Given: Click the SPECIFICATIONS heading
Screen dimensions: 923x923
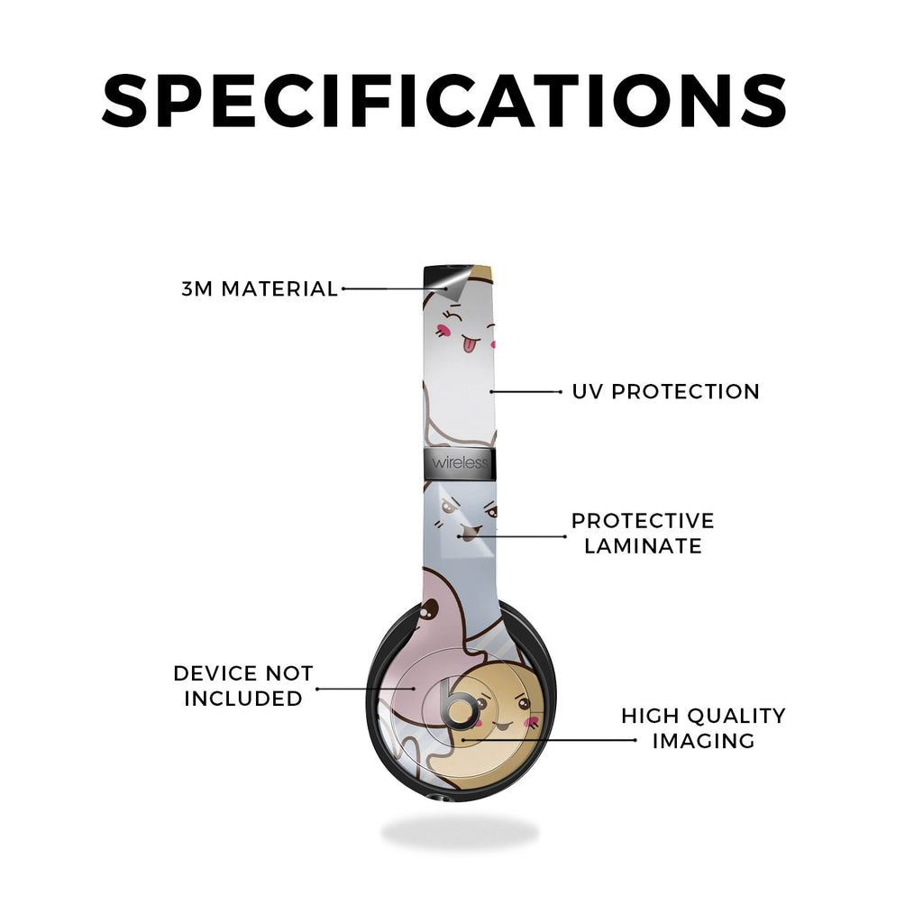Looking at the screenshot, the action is pyautogui.click(x=444, y=101).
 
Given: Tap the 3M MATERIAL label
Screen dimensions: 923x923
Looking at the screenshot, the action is pyautogui.click(x=260, y=289).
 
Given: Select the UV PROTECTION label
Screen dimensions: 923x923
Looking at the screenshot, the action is pyautogui.click(x=666, y=391).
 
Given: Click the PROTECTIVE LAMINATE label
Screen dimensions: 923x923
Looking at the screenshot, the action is pyautogui.click(x=643, y=534).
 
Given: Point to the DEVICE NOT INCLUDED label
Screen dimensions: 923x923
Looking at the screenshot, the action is pyautogui.click(x=243, y=686).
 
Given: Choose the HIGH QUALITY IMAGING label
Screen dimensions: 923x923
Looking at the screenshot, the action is pyautogui.click(x=703, y=728).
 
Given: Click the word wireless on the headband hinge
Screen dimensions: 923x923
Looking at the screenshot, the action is pyautogui.click(x=460, y=462).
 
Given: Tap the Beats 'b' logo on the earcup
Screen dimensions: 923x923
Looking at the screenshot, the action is pyautogui.click(x=460, y=704).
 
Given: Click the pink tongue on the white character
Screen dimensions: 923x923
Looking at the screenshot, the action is pyautogui.click(x=469, y=344).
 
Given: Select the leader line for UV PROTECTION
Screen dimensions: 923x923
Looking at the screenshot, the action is pyautogui.click(x=525, y=391).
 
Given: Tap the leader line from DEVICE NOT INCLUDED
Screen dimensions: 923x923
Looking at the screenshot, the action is pyautogui.click(x=366, y=688).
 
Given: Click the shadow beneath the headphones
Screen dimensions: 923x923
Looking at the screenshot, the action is pyautogui.click(x=460, y=833).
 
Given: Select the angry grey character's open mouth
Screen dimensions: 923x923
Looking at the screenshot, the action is pyautogui.click(x=467, y=535).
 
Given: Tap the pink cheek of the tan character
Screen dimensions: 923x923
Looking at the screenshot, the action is pyautogui.click(x=532, y=723).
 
